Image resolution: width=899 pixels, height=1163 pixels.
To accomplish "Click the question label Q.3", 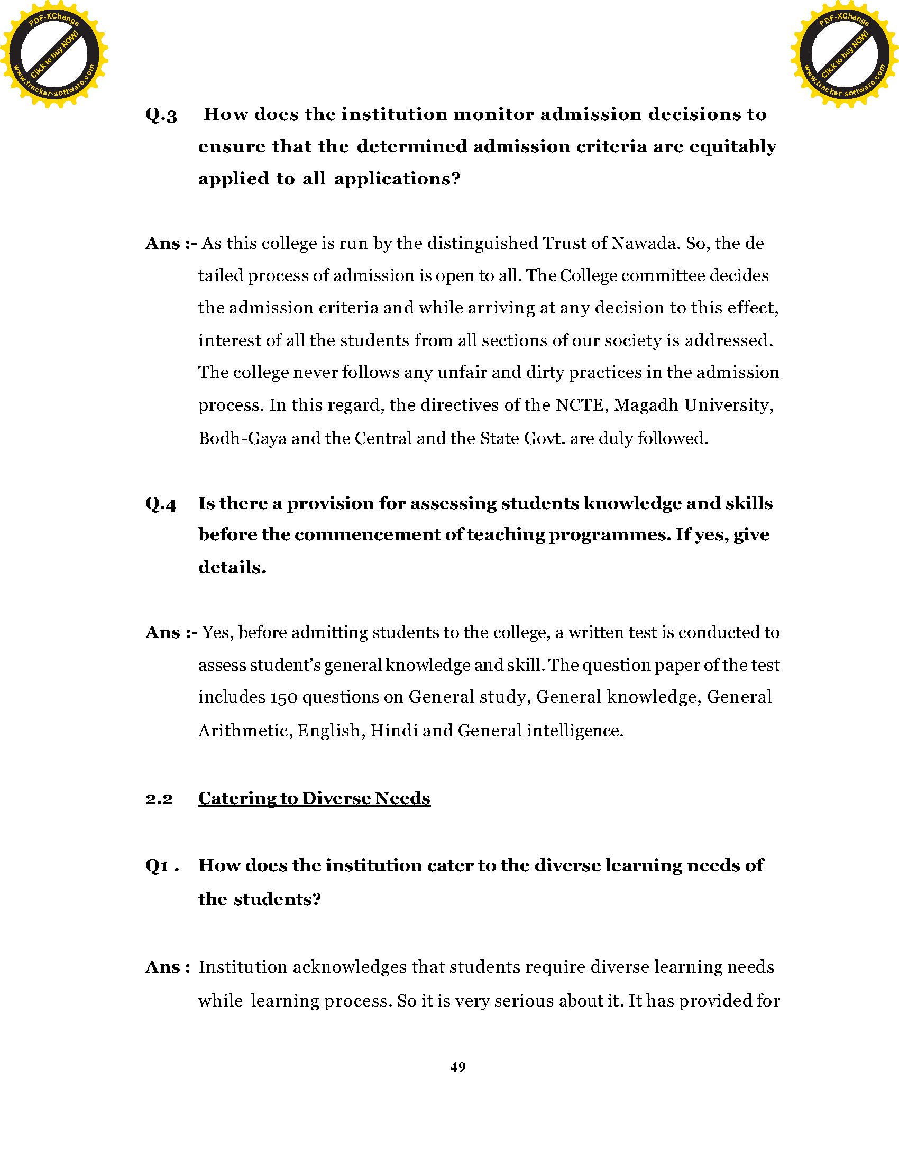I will tap(161, 116).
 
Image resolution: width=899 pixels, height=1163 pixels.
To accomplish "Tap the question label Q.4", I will tap(160, 504).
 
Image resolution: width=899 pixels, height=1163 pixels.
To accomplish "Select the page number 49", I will tap(457, 1067).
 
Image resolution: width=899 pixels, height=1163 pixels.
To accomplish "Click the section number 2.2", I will tap(159, 799).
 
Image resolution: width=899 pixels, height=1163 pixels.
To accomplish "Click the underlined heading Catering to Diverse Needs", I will tap(314, 798).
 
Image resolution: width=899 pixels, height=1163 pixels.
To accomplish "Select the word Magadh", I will tap(646, 406).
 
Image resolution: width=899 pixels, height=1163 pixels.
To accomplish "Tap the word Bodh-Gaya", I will tap(242, 438).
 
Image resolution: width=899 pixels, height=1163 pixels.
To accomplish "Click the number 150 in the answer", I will tap(283, 698).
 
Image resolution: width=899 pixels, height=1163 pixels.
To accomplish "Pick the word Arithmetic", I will tap(245, 731).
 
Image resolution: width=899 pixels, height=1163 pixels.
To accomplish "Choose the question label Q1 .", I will tap(158, 866).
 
